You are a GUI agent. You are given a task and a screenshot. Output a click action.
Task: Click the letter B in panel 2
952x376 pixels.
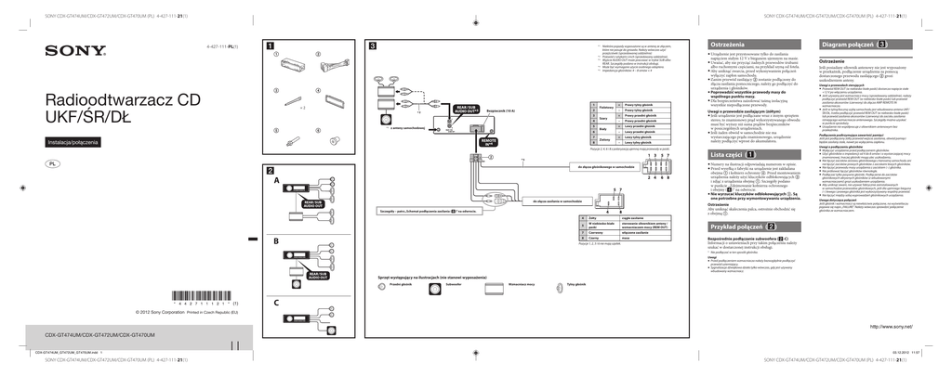tap(276, 241)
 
